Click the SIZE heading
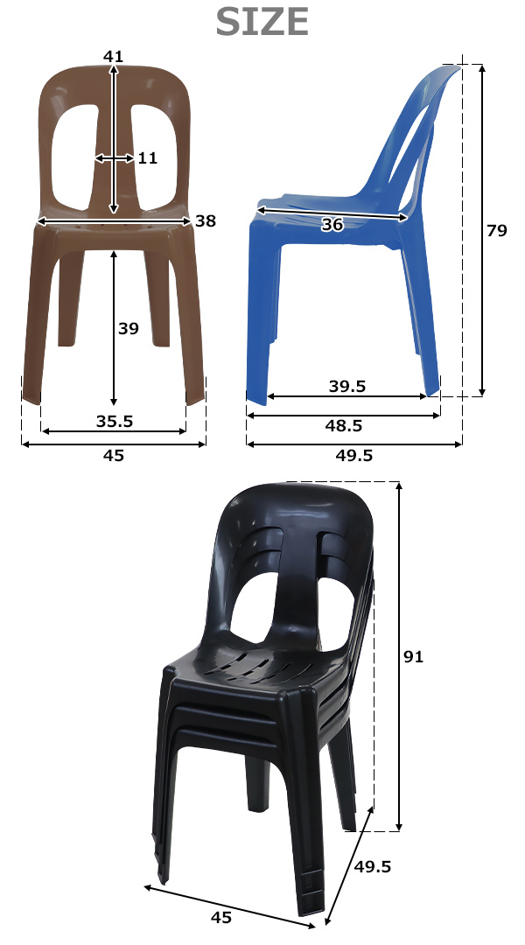262,23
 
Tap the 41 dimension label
114,57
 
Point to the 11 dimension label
148,157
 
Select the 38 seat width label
206,221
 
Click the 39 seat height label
129,328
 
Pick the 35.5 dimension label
115,421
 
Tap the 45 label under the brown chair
114,456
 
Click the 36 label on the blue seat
332,225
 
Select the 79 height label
497,230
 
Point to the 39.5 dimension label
347,387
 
